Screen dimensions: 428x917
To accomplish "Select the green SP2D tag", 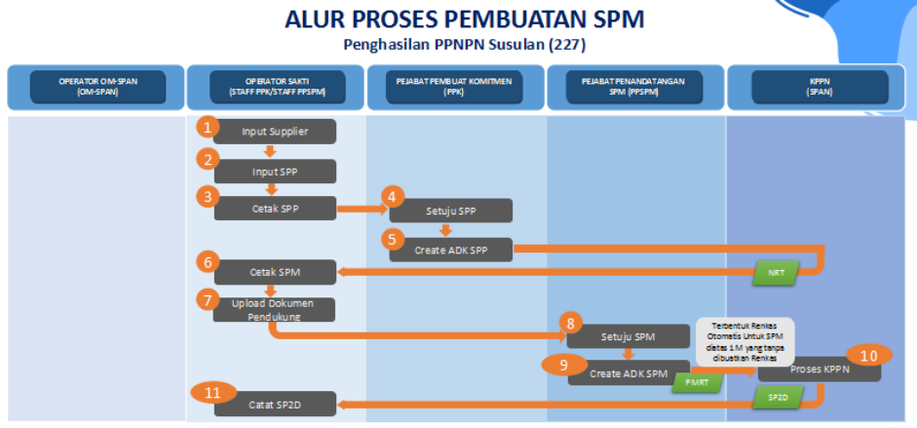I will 777,399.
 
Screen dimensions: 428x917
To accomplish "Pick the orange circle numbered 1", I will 205,127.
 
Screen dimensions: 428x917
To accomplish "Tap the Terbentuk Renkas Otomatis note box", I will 745,341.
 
